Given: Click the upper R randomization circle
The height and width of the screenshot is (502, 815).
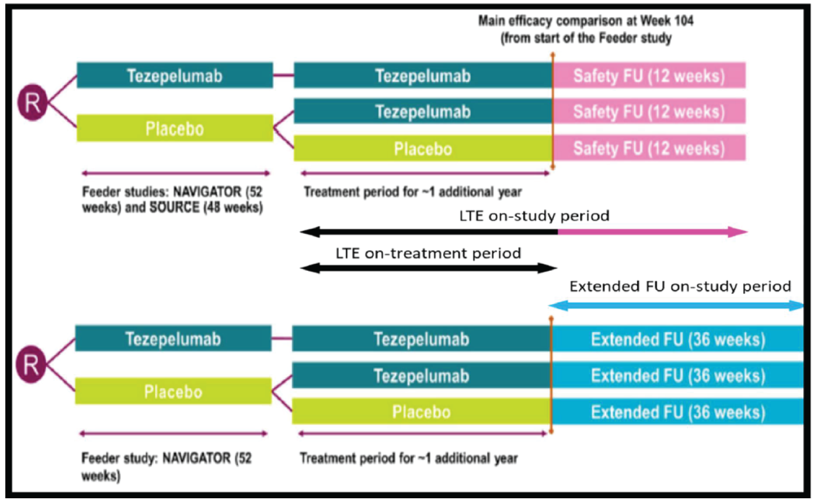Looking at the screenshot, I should [x=32, y=102].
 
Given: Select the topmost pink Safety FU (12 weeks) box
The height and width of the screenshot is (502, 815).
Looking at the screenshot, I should [x=649, y=75].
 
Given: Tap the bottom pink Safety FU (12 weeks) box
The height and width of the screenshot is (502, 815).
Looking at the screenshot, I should [x=649, y=148].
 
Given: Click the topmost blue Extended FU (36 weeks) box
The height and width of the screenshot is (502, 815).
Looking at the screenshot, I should [x=678, y=339].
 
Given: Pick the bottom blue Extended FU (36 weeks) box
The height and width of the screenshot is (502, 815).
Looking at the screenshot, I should [x=678, y=412].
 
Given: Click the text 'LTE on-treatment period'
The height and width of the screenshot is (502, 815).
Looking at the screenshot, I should [x=428, y=253].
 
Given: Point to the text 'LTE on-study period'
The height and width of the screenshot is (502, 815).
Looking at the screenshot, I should [x=534, y=216].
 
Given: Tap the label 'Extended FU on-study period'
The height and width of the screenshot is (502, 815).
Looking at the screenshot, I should [x=680, y=287].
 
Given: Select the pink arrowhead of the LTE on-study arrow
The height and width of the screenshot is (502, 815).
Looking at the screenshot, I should [x=738, y=232].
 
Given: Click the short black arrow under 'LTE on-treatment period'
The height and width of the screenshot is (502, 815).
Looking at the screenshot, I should [x=428, y=268].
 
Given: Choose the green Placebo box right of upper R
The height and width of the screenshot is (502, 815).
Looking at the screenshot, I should [x=175, y=128].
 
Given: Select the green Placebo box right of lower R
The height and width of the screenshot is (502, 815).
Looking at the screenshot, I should [x=173, y=392].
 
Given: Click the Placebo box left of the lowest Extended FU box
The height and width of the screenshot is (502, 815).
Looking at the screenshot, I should [x=421, y=412].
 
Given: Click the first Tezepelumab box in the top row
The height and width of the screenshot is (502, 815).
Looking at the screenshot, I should [x=175, y=76].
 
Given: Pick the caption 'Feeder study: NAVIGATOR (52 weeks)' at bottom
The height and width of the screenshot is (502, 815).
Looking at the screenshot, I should [x=166, y=465].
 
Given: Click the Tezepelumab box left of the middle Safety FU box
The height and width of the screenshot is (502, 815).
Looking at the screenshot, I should [x=422, y=111].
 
